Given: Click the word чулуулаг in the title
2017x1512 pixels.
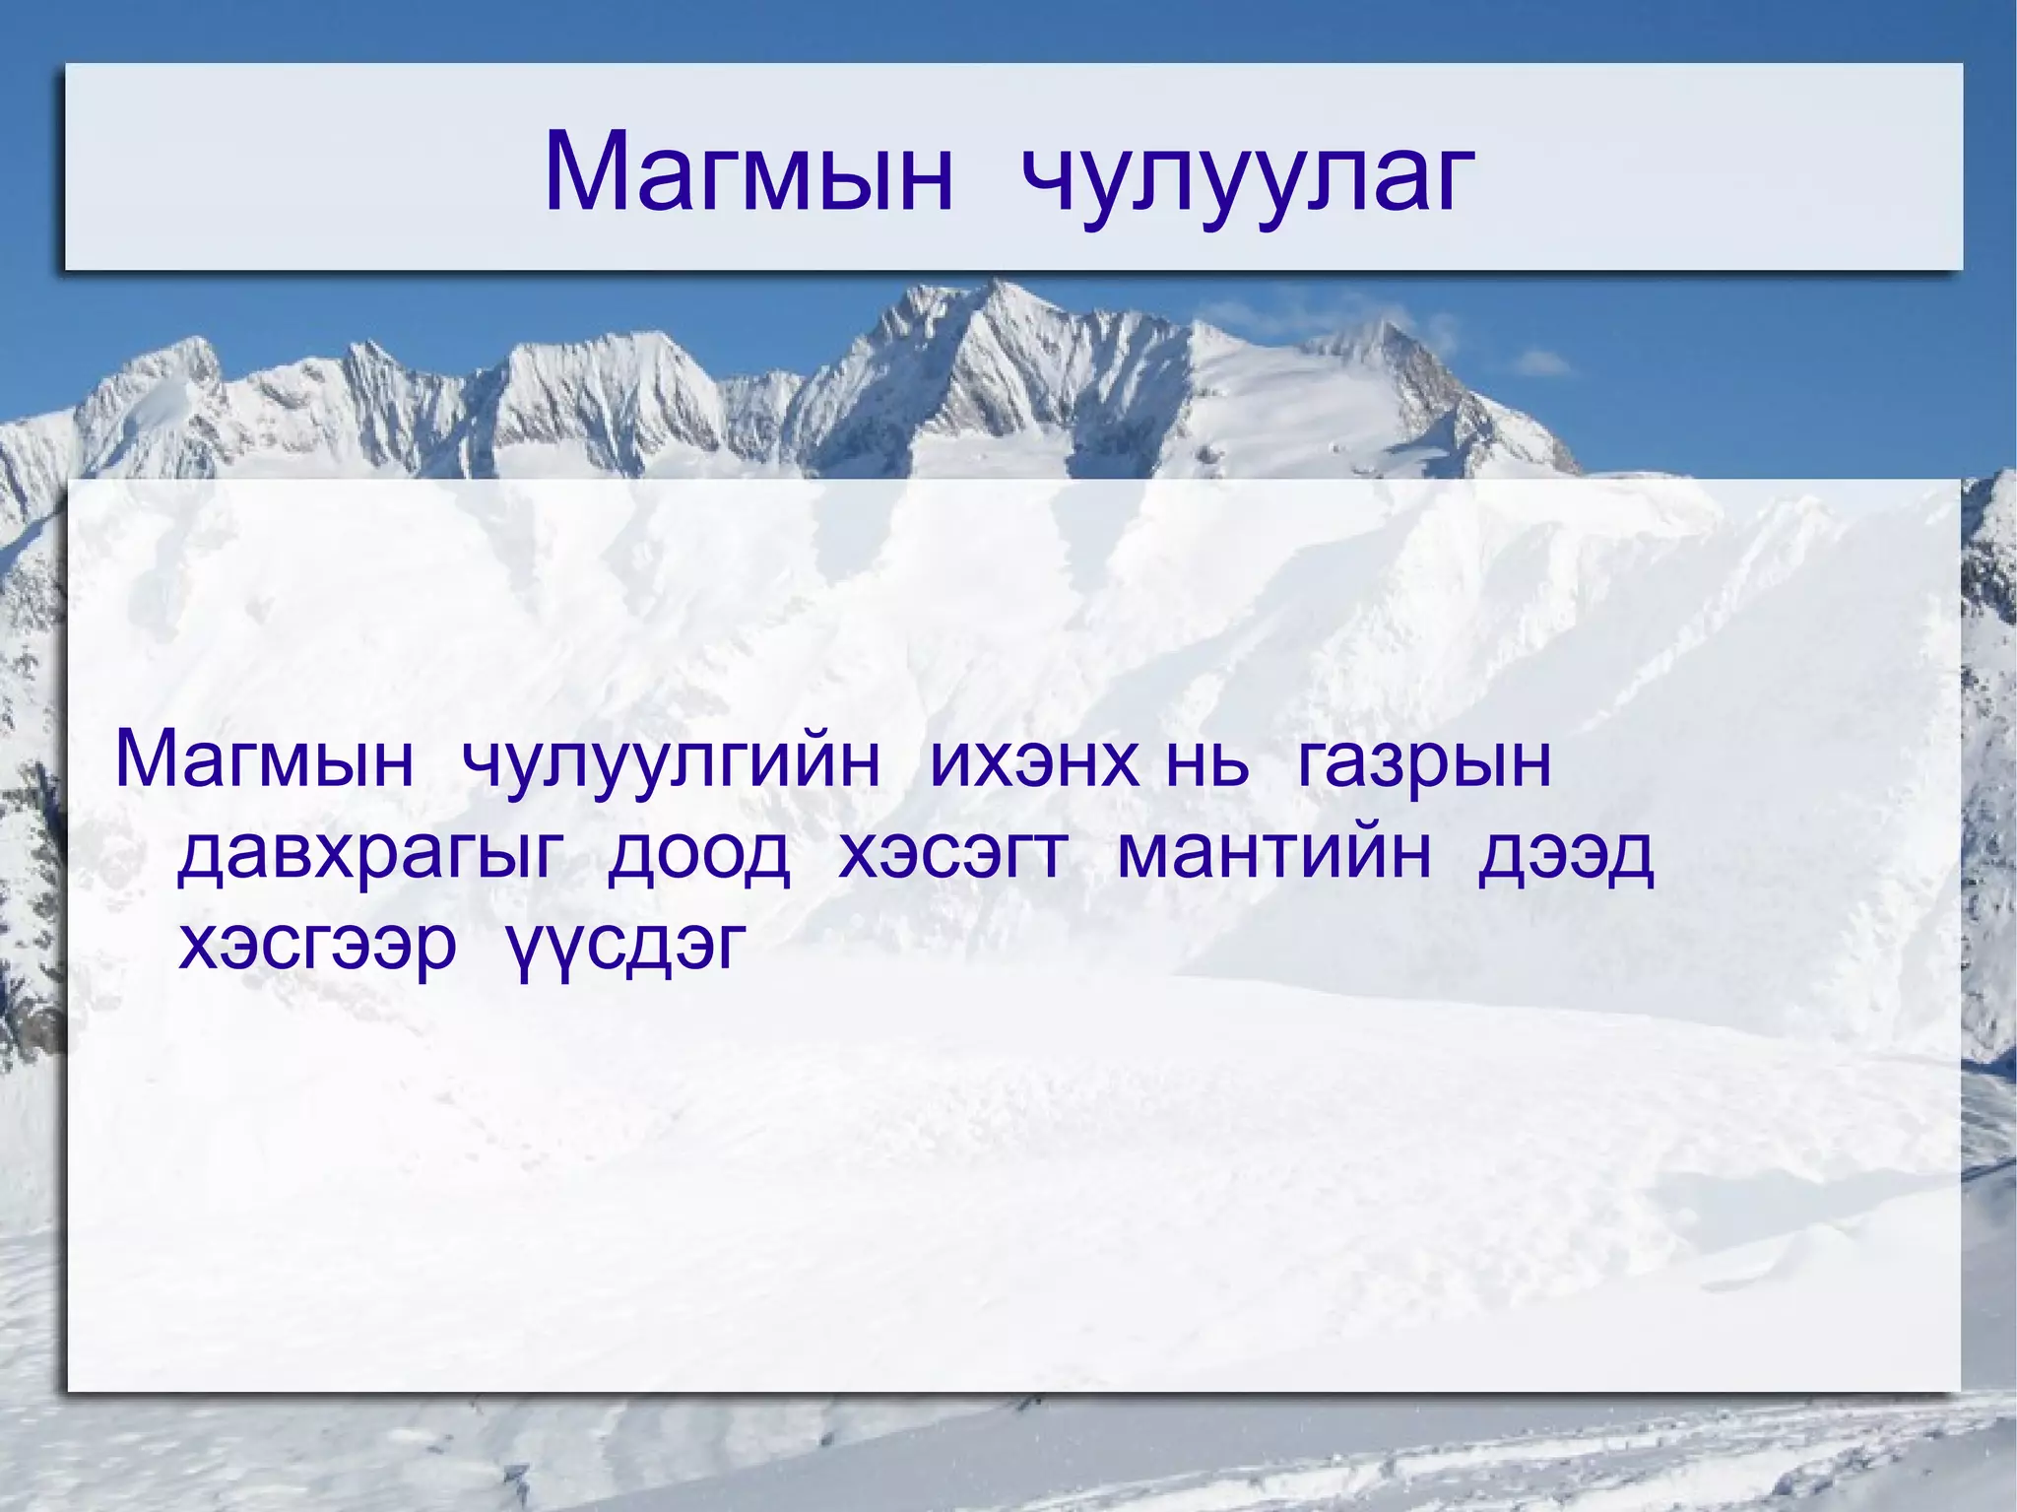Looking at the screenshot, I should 1247,177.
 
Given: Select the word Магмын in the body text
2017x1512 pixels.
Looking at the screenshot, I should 264,760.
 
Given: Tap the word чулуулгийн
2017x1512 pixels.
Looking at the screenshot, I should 671,763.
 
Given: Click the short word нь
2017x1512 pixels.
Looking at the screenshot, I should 1206,760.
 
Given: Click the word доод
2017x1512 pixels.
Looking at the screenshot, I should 698,855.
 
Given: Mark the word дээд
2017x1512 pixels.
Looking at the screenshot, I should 1565,855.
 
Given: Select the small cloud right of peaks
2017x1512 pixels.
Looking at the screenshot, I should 1536,365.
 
